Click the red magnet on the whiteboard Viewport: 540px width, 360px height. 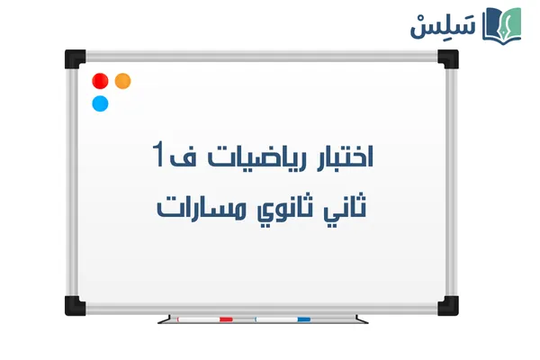[x=100, y=80]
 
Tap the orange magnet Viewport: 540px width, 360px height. [x=122, y=80]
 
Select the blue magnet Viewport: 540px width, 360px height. [x=100, y=103]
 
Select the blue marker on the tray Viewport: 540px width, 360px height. [x=283, y=319]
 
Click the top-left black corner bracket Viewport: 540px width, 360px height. [x=75, y=58]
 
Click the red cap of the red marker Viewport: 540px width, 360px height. [x=226, y=319]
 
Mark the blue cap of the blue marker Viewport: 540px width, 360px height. [x=303, y=319]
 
